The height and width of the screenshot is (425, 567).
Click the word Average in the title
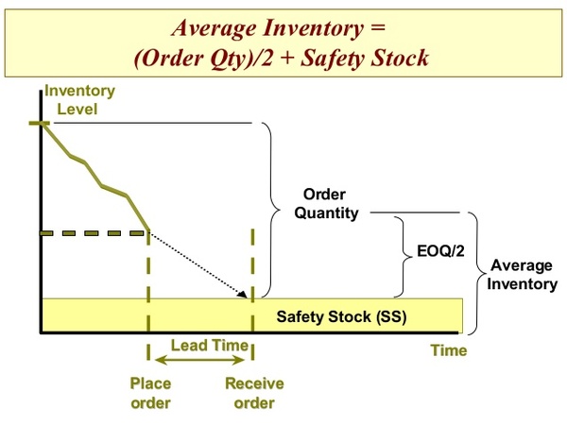pyautogui.click(x=214, y=29)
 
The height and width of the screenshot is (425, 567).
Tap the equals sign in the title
pyautogui.click(x=377, y=28)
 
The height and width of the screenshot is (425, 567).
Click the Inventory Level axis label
pyautogui.click(x=79, y=100)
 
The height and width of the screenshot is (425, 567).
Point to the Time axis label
pyautogui.click(x=448, y=350)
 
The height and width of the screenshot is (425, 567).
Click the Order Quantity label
pyautogui.click(x=326, y=204)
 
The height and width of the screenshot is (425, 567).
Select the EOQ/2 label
pyautogui.click(x=440, y=251)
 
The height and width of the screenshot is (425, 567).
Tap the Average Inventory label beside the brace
pyautogui.click(x=522, y=275)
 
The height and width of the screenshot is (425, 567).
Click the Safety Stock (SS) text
pyautogui.click(x=341, y=317)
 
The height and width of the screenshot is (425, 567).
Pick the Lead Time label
pyautogui.click(x=210, y=346)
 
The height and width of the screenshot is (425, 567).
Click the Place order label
pyautogui.click(x=150, y=393)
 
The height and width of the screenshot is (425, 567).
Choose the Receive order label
pyautogui.click(x=254, y=393)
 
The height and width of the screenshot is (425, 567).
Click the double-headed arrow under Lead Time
pyautogui.click(x=199, y=360)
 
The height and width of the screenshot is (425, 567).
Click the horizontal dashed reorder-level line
pyautogui.click(x=94, y=233)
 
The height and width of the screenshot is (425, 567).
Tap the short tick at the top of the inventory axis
pyautogui.click(x=40, y=123)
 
